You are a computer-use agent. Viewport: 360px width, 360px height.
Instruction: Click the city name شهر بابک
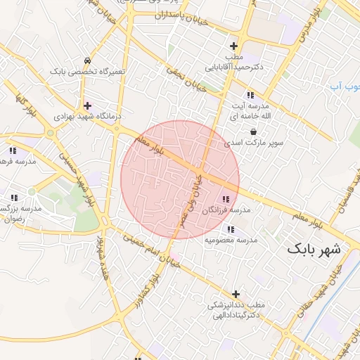point(314,250)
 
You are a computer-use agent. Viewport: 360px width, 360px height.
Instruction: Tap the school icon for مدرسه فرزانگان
point(225,200)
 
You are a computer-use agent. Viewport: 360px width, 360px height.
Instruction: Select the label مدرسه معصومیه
point(231,240)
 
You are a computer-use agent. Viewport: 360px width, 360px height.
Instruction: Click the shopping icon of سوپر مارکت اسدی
point(252,131)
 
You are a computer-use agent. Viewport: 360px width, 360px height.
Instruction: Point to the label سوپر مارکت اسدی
point(254,143)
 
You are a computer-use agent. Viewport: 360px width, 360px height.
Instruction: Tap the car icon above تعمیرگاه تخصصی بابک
point(86,61)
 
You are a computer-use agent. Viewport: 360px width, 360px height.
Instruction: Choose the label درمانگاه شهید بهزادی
point(83,115)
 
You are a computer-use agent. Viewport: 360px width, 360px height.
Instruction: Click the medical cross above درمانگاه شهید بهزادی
point(86,105)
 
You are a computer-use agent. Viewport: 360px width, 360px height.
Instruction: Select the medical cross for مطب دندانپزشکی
point(236,294)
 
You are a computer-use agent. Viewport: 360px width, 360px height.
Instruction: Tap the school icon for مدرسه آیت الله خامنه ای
point(249,95)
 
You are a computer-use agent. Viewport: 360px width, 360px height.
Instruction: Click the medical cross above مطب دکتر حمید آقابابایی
point(233,46)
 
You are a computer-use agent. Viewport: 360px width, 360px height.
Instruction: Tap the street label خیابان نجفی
point(186,79)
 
